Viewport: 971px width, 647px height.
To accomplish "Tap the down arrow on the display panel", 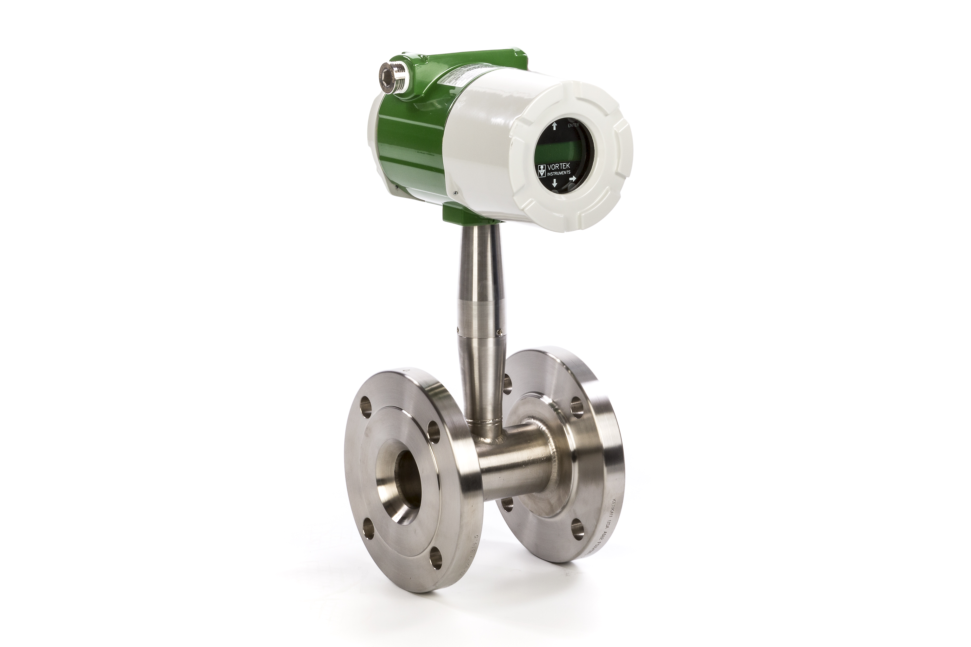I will pos(555,183).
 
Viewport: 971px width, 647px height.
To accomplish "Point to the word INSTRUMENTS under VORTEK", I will pos(559,174).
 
